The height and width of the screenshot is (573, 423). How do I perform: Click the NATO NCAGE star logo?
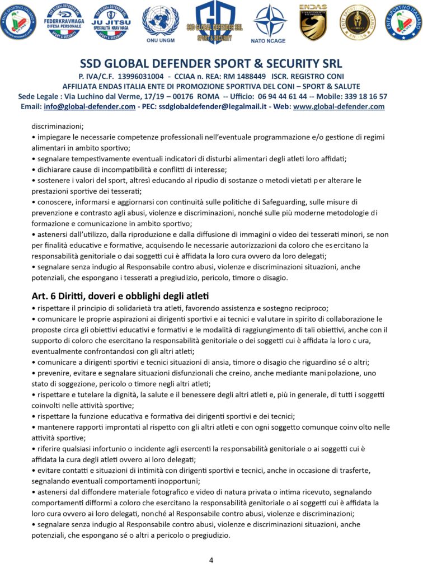coord(269,22)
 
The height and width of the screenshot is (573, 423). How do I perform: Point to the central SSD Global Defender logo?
coord(215,22)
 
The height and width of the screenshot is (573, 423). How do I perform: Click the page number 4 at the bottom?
coord(211,560)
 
